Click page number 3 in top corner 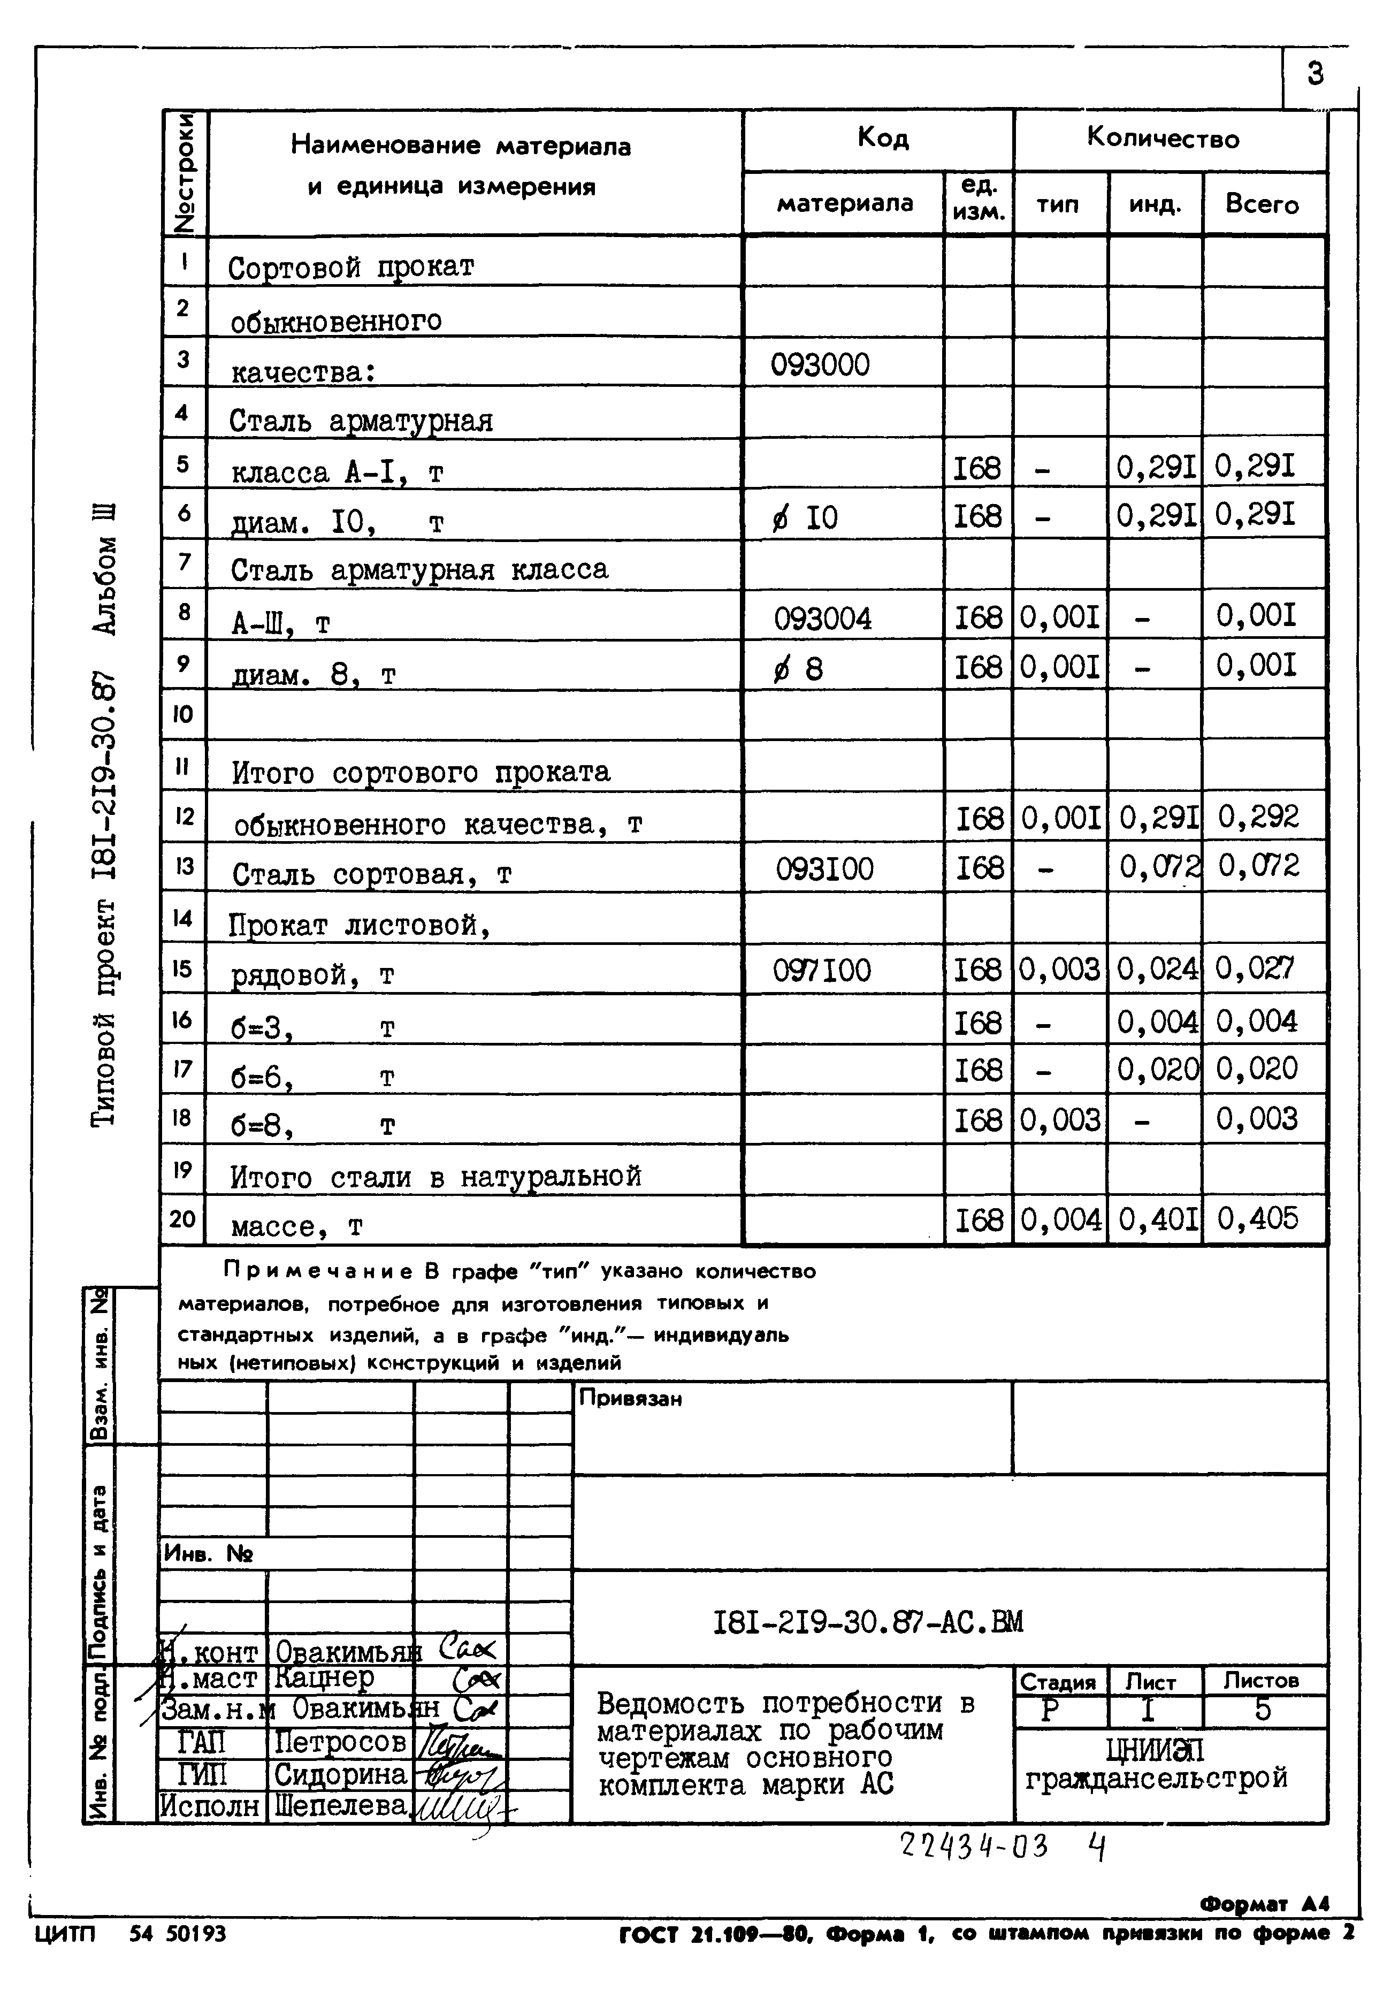tap(1314, 74)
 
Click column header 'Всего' tap(1262, 204)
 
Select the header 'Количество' tap(1163, 139)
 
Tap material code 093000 tap(820, 365)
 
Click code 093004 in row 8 tap(822, 619)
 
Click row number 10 tap(183, 714)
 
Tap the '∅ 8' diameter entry tap(798, 669)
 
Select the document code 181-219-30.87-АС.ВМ tap(867, 1622)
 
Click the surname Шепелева tap(340, 1805)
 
